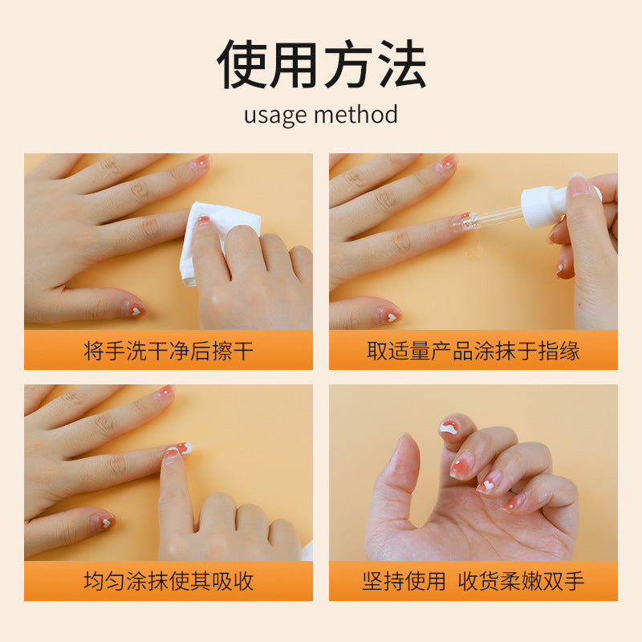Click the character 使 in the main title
[242, 64]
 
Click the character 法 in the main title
[401, 64]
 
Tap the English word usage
[275, 116]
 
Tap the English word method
[356, 114]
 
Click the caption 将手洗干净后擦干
[169, 351]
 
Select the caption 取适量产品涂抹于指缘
[473, 351]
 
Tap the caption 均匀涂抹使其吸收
[169, 581]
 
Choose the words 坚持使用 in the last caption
[404, 581]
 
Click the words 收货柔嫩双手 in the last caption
[521, 581]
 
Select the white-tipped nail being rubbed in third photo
[180, 449]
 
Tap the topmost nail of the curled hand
[449, 428]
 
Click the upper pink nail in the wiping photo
[200, 162]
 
